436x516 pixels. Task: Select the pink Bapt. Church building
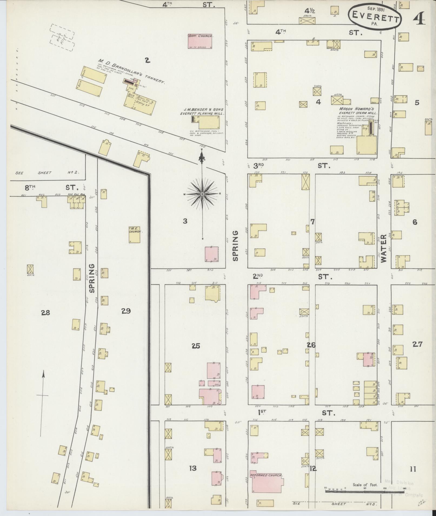200,41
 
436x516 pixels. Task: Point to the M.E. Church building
134,234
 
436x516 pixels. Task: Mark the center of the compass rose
202,194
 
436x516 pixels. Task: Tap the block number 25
196,346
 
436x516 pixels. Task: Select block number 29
126,311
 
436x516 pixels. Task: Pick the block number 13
193,468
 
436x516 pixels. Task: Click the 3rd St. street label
292,166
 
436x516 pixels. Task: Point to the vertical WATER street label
383,249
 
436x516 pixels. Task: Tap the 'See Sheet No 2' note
47,173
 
